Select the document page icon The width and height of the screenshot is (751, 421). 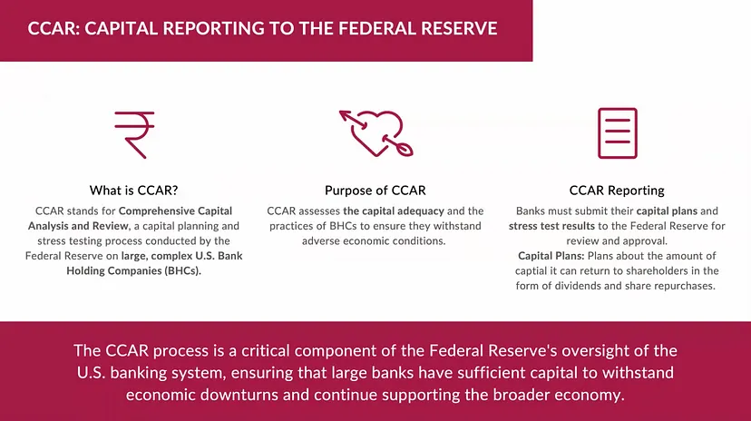click(618, 133)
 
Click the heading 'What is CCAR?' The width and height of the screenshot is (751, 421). click(133, 191)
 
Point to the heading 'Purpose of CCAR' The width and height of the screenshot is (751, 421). click(375, 191)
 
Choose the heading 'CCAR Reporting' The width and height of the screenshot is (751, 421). click(617, 191)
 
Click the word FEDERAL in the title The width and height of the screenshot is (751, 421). click(376, 29)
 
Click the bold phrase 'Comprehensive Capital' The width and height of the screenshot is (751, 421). click(175, 211)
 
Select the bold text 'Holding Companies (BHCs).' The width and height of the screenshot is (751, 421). click(133, 270)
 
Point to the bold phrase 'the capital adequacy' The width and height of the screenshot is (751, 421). click(394, 211)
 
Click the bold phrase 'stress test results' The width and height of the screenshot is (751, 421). click(551, 226)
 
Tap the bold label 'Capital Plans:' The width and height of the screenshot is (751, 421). click(551, 256)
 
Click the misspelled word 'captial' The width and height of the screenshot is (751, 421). click(531, 271)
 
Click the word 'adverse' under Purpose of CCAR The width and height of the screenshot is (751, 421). click(319, 241)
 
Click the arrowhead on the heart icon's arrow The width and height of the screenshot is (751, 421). click(344, 115)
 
